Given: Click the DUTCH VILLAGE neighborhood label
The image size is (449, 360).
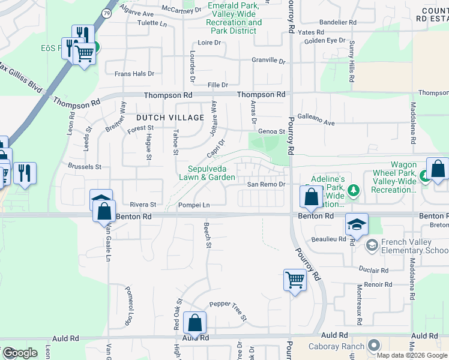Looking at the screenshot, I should coord(170,118).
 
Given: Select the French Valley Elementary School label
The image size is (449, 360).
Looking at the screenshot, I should coord(409,246).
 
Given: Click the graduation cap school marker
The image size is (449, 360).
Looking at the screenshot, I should coord(357,225).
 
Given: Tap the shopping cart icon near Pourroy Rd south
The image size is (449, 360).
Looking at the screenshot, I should coord(295,280).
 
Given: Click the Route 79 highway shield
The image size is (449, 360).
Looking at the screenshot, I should coord(106,12).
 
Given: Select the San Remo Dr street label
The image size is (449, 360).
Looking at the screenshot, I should coord(265,184).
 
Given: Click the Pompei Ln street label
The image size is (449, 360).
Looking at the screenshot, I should coord(194,205).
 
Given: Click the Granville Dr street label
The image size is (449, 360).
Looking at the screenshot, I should coord(268,61).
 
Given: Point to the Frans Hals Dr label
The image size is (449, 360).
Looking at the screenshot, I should coord(134,74).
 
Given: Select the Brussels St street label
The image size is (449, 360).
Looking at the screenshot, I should coord(85,166).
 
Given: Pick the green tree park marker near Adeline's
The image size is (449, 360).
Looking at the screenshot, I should coord(354,190).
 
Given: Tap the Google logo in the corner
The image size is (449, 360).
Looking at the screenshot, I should coord(20,353).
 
